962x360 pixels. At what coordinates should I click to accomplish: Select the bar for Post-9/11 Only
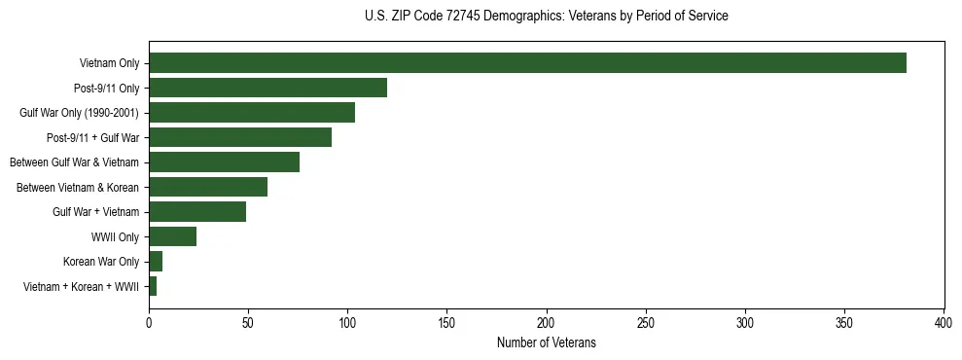pyautogui.click(x=267, y=88)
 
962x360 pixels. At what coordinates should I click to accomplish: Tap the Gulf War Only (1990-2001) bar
pyautogui.click(x=252, y=113)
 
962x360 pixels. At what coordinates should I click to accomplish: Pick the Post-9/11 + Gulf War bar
pyautogui.click(x=240, y=137)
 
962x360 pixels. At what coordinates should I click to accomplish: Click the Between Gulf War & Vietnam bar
pyautogui.click(x=224, y=162)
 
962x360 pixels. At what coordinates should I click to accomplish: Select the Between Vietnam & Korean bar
pyautogui.click(x=208, y=187)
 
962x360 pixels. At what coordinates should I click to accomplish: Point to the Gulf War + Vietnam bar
pyautogui.click(x=197, y=212)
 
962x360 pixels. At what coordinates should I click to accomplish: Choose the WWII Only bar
pyautogui.click(x=172, y=236)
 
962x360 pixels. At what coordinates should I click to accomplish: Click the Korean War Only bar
pyautogui.click(x=156, y=262)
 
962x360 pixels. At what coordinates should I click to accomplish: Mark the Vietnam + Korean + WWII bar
pyautogui.click(x=153, y=286)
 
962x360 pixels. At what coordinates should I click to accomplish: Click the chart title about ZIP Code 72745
pyautogui.click(x=546, y=17)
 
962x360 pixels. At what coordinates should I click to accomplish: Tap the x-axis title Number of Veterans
pyautogui.click(x=546, y=342)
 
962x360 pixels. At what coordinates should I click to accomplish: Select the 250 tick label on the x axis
pyautogui.click(x=646, y=322)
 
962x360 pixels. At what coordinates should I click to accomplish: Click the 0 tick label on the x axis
pyautogui.click(x=149, y=322)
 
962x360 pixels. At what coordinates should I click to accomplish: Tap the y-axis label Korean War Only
pyautogui.click(x=101, y=262)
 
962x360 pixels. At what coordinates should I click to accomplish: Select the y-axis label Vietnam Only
pyautogui.click(x=109, y=63)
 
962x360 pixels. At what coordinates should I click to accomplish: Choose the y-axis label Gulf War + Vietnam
pyautogui.click(x=95, y=212)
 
